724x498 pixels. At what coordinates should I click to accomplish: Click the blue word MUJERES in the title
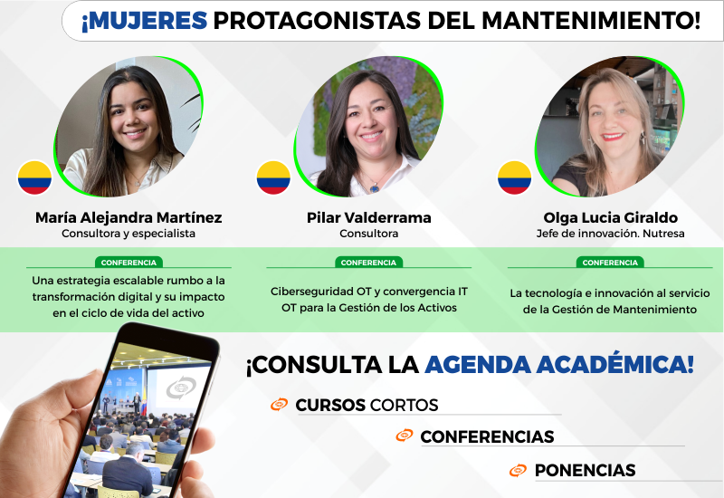[145, 21]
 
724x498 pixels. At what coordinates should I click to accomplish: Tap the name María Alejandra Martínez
[129, 217]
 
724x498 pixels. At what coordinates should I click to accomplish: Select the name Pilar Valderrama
[369, 217]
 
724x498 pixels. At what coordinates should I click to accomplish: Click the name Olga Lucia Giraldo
[610, 217]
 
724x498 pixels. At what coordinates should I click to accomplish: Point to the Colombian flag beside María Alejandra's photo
[34, 177]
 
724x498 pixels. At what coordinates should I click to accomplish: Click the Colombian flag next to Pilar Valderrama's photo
[273, 177]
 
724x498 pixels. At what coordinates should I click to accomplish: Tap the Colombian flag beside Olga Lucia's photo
[514, 177]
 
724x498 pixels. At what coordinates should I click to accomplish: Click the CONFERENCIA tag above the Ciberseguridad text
[368, 263]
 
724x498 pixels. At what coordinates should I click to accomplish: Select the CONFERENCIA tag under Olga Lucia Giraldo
[610, 263]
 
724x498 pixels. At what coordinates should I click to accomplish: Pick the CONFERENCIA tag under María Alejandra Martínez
[129, 263]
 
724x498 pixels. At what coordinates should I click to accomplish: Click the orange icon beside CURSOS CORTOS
[280, 404]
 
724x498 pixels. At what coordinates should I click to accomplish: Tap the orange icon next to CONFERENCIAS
[405, 436]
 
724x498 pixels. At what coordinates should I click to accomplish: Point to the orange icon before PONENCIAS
[518, 470]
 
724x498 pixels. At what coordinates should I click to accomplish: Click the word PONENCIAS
[585, 470]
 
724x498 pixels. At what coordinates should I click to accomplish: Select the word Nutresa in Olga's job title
[663, 234]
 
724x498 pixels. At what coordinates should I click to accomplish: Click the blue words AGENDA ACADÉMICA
[559, 365]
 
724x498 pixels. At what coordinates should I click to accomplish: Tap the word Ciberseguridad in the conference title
[312, 292]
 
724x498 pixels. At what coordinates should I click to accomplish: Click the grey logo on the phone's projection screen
[181, 388]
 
